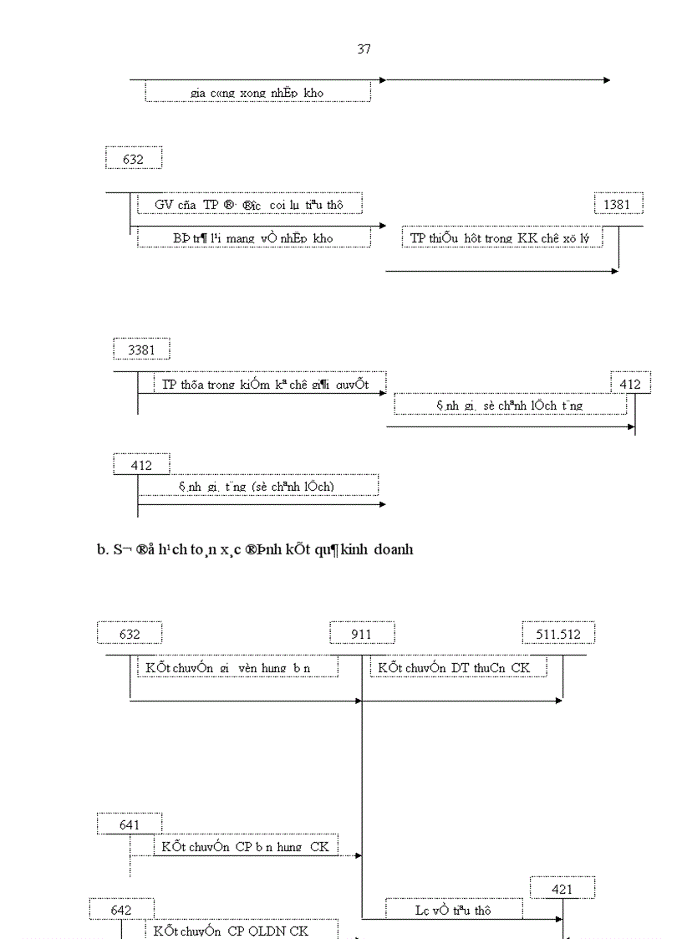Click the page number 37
click(x=364, y=49)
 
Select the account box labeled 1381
click(x=618, y=204)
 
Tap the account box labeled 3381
click(x=141, y=350)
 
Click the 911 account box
click(x=362, y=634)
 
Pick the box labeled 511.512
click(x=558, y=634)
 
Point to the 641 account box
click(x=130, y=824)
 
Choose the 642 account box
click(x=121, y=909)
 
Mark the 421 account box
click(x=562, y=889)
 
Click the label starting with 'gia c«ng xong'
click(x=257, y=93)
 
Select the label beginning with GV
click(x=248, y=204)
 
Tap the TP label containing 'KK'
click(x=506, y=238)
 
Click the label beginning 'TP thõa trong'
click(x=265, y=385)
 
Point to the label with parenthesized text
click(x=257, y=486)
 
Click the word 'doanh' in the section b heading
click(x=389, y=549)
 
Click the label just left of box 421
click(x=453, y=911)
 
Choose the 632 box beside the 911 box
click(x=130, y=634)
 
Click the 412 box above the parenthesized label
click(x=141, y=465)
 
